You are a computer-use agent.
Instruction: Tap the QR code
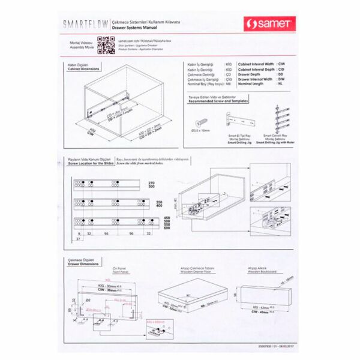tap(105, 44)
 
